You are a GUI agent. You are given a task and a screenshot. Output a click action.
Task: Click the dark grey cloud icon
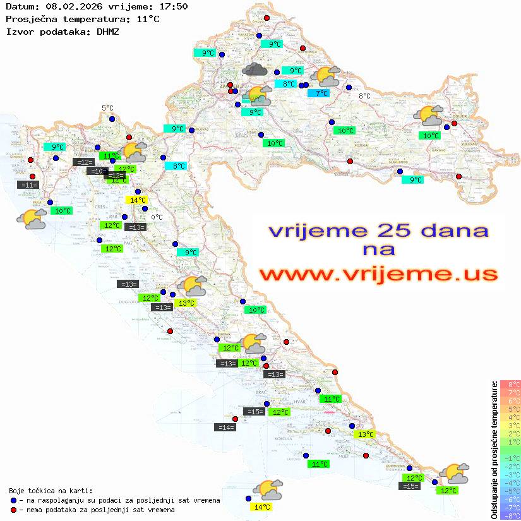tap(255, 69)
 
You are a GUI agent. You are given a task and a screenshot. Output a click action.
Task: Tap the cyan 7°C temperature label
tap(318, 93)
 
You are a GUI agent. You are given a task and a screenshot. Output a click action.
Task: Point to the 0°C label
tap(157, 217)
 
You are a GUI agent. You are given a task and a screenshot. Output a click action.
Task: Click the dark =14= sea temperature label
tap(225, 428)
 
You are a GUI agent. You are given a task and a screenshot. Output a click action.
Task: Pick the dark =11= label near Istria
tap(28, 185)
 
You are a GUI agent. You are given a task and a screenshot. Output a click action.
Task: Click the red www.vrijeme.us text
tap(378, 274)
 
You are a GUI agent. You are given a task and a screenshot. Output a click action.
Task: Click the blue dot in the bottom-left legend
tap(14, 500)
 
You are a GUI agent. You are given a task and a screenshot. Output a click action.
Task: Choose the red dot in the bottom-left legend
tap(14, 510)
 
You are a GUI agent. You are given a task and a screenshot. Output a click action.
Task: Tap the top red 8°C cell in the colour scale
tap(510, 384)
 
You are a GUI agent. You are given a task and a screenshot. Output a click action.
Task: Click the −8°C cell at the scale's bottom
tap(510, 515)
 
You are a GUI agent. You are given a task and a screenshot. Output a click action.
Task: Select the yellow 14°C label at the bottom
tap(261, 506)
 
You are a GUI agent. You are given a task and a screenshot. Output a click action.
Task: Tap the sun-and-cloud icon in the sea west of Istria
tap(32, 219)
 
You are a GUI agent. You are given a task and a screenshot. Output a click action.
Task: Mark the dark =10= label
tap(97, 171)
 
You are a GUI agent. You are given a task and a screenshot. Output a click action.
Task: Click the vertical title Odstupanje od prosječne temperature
tap(494, 450)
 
